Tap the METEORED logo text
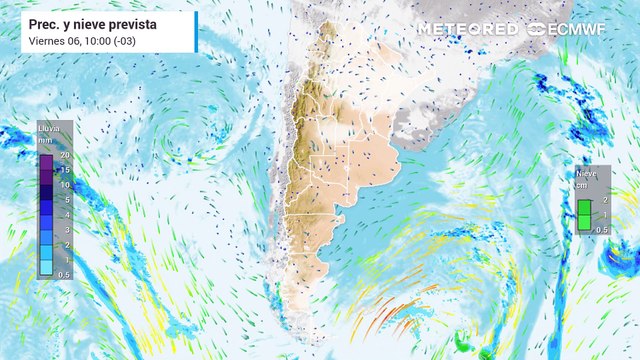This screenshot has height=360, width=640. (467, 29)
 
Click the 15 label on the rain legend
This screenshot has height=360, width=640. (63, 171)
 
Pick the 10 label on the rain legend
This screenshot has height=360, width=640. (63, 185)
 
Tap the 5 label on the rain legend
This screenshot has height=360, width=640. (65, 200)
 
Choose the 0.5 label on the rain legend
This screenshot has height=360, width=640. (63, 275)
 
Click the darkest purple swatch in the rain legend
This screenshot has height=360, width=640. (46, 163)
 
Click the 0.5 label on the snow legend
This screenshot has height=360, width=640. (600, 230)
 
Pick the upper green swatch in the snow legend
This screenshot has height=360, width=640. (584, 208)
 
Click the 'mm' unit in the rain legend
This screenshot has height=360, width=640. (45, 141)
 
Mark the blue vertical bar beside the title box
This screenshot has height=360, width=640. (197, 31)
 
